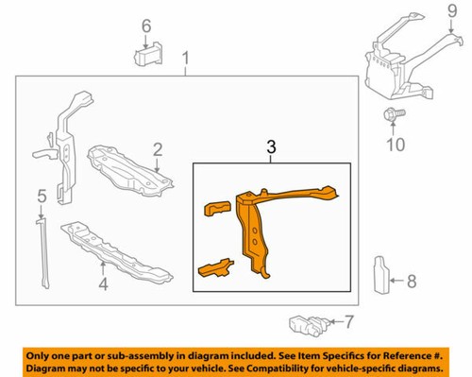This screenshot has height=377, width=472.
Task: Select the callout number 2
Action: click(159, 147)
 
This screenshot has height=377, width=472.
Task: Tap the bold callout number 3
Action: click(271, 146)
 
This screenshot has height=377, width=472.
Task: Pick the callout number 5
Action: click(41, 197)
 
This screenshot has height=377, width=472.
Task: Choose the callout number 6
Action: click(146, 26)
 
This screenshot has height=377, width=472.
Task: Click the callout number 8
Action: click(411, 281)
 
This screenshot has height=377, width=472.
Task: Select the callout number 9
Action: click(451, 13)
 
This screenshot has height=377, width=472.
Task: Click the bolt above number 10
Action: click(393, 115)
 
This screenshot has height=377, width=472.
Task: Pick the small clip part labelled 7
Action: click(306, 325)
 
